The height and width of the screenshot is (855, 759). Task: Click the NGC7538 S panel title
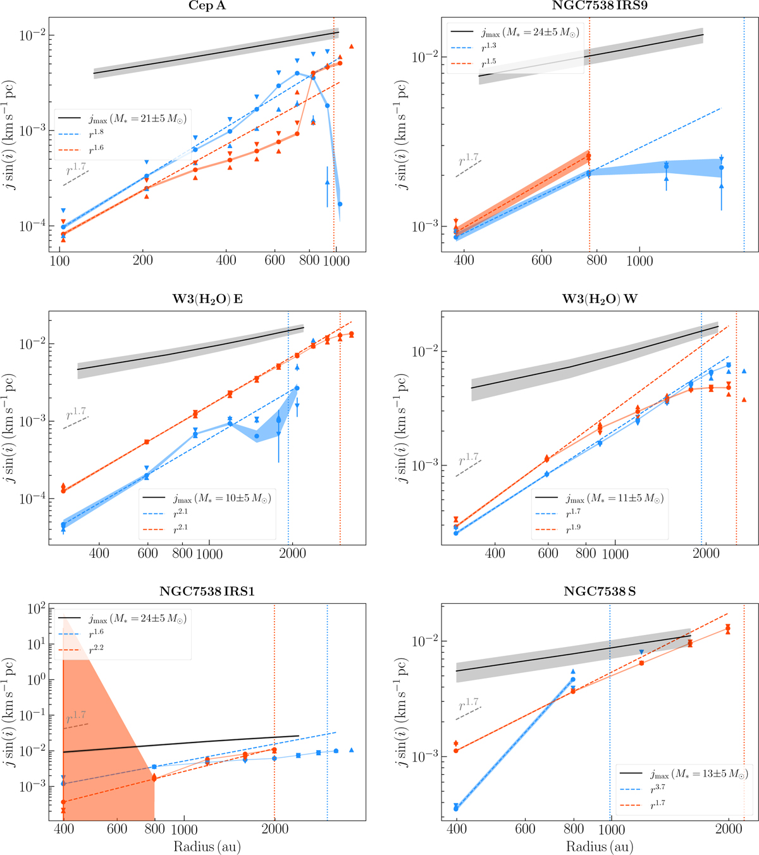tap(600, 592)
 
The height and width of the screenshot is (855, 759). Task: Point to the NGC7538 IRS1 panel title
tap(207, 592)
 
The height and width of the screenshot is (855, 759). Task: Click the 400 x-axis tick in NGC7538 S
tap(456, 830)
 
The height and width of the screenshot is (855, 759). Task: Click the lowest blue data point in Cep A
tap(340, 204)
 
